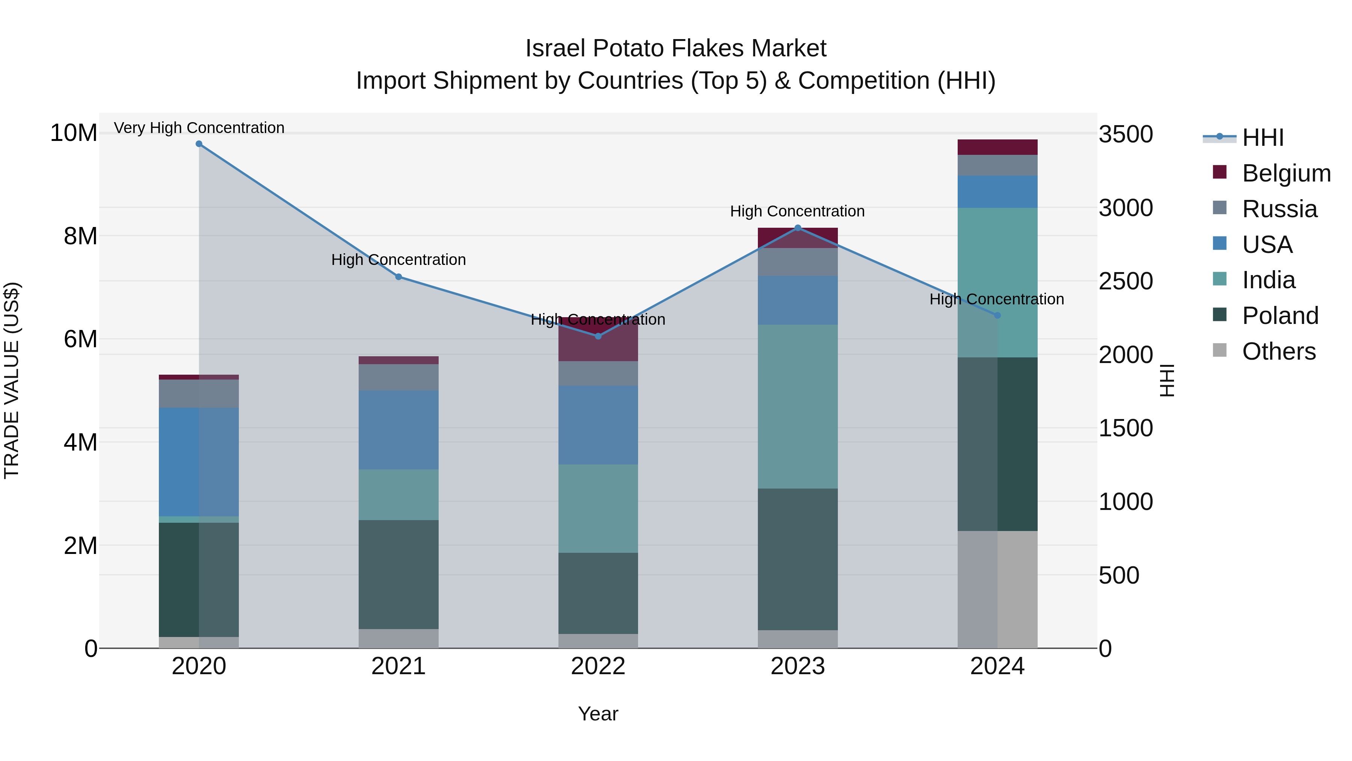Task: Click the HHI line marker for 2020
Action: tap(199, 144)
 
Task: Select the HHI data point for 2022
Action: tap(598, 336)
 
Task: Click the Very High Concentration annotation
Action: tap(199, 128)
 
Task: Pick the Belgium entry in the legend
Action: tap(1286, 173)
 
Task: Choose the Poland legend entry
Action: tap(1280, 316)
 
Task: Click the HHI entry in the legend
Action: tap(1263, 138)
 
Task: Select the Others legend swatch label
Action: tap(1278, 351)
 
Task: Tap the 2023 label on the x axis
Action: tap(797, 666)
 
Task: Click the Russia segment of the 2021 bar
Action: tap(398, 377)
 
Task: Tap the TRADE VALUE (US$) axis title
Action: tap(12, 380)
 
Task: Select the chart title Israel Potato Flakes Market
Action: tap(676, 48)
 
